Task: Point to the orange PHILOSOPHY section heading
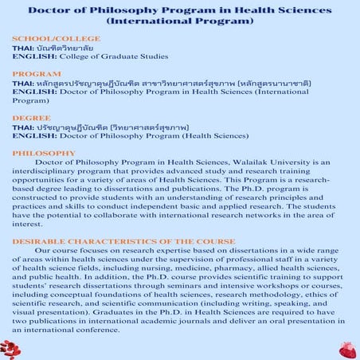coord(45,151)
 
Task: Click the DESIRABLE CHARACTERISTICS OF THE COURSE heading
coord(123,241)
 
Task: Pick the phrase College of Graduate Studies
coord(112,56)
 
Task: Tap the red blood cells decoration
coord(10,348)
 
